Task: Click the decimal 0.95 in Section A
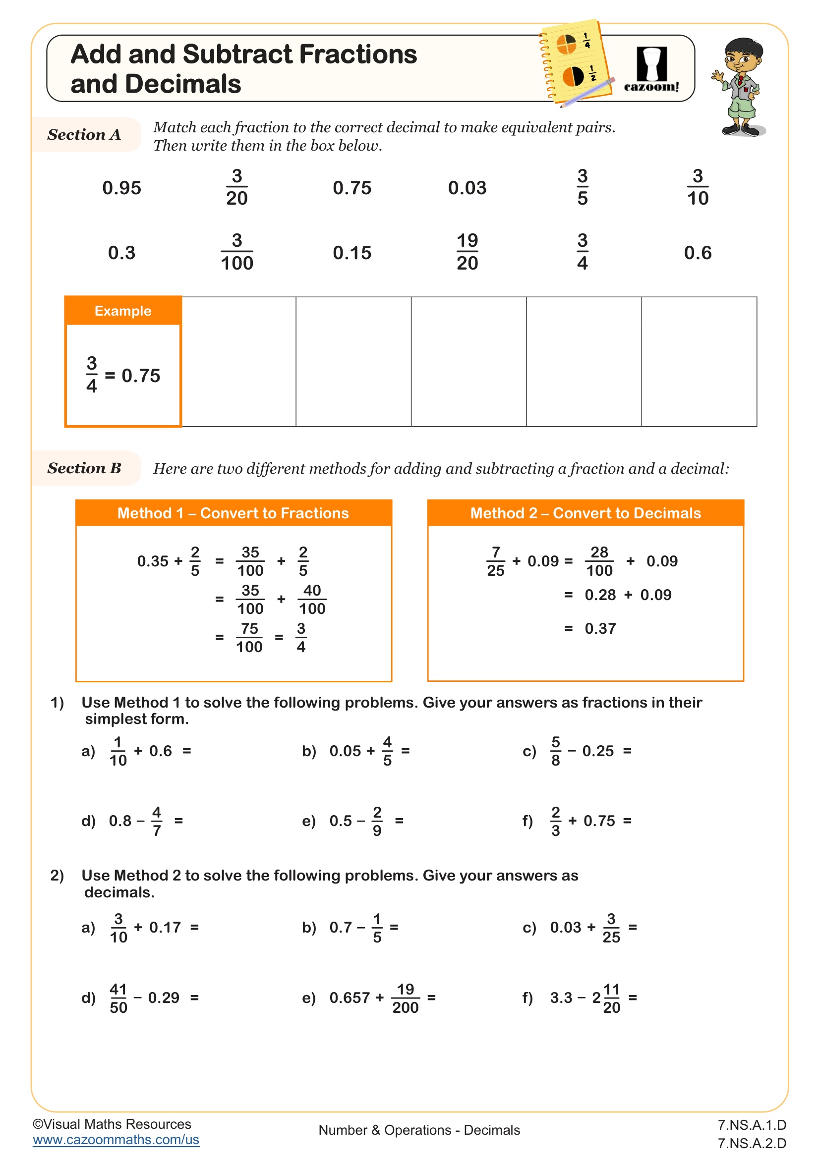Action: [121, 188]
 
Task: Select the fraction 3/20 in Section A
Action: [237, 187]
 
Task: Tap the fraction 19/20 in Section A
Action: [467, 252]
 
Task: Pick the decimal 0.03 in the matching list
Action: [467, 188]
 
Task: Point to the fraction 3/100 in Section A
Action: [237, 252]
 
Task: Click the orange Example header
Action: [122, 311]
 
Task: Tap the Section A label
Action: [84, 135]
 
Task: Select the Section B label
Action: [84, 468]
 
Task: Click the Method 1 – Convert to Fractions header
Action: [234, 513]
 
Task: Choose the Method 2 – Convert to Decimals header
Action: [585, 513]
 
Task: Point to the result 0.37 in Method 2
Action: [600, 628]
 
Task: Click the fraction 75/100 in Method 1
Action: [249, 638]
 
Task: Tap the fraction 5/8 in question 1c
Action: [555, 751]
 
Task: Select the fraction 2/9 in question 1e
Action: [377, 821]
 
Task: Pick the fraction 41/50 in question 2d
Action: [118, 998]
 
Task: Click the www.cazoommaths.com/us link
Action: [116, 1140]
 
